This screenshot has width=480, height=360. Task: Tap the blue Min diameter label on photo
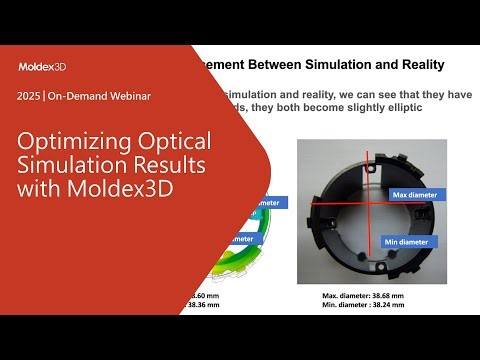click(408, 241)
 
